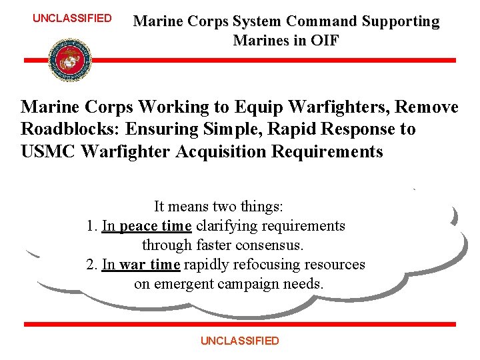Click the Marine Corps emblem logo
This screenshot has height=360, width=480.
(70, 60)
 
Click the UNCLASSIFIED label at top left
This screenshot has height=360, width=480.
(72, 18)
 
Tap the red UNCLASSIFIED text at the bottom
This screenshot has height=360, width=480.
(240, 341)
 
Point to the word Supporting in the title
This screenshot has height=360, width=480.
(400, 21)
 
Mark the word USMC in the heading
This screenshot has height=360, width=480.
(48, 151)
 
